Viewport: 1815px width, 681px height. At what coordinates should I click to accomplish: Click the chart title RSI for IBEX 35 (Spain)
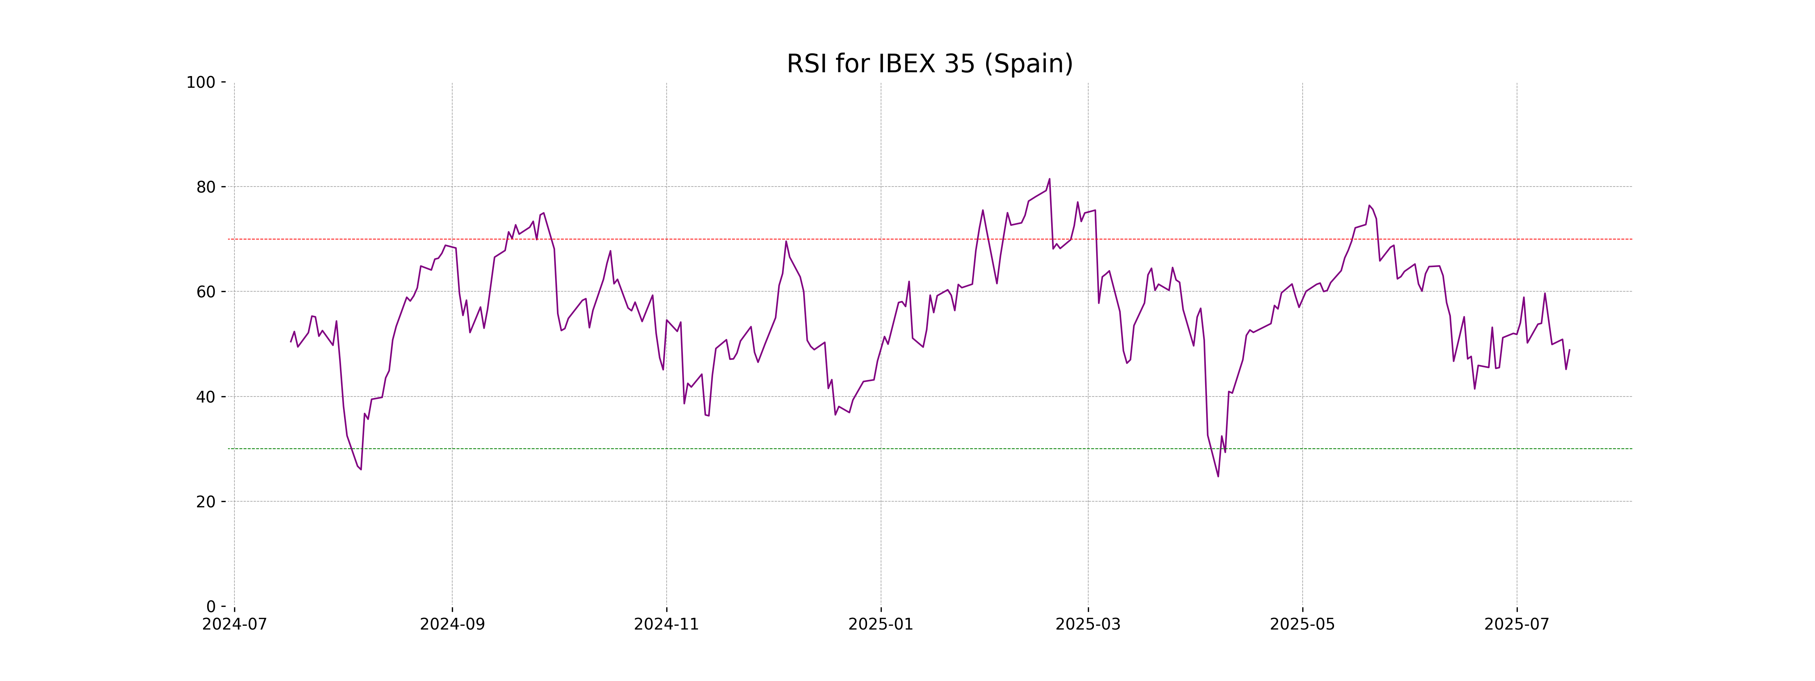[x=929, y=64]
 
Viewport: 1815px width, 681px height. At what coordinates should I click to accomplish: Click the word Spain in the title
[x=1028, y=64]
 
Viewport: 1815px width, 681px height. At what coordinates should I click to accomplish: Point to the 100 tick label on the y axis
[x=201, y=82]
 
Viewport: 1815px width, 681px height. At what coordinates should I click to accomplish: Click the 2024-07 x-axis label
[x=234, y=625]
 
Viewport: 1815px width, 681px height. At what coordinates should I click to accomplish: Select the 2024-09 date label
[x=452, y=625]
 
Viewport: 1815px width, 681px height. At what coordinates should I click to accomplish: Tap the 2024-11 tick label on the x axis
[x=667, y=625]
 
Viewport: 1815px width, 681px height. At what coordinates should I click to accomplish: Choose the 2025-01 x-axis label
[x=881, y=625]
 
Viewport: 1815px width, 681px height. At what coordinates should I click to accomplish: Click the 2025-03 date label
[x=1088, y=625]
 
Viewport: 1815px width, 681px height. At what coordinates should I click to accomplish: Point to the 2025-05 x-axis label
[x=1302, y=625]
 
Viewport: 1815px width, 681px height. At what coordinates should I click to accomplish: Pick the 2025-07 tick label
[x=1517, y=625]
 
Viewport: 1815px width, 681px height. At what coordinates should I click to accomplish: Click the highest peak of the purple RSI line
[x=1049, y=179]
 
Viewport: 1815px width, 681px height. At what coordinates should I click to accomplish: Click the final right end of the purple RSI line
[x=1569, y=350]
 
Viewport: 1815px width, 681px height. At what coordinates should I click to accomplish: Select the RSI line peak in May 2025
[x=1369, y=206]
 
